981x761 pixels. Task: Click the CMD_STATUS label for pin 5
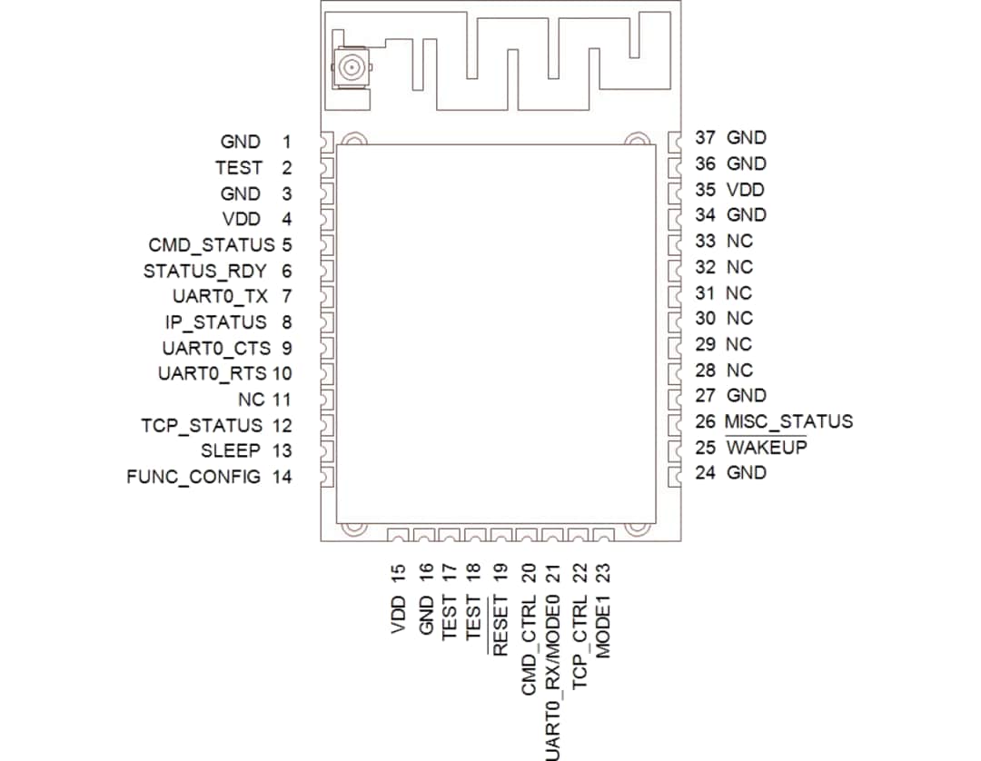211,245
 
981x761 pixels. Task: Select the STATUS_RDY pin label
204,271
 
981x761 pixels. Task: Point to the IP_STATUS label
215,321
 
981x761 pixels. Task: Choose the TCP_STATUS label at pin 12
201,425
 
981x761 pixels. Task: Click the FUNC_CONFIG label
193,476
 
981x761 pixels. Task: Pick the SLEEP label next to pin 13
230,450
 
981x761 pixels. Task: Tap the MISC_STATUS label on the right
789,421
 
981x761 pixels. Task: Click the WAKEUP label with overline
766,448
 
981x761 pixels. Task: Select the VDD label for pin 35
745,190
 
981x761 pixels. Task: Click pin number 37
705,138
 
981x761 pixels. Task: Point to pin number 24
705,472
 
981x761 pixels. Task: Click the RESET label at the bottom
499,625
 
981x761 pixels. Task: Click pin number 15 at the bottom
398,572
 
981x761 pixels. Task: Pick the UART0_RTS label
212,373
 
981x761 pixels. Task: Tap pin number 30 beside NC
705,319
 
